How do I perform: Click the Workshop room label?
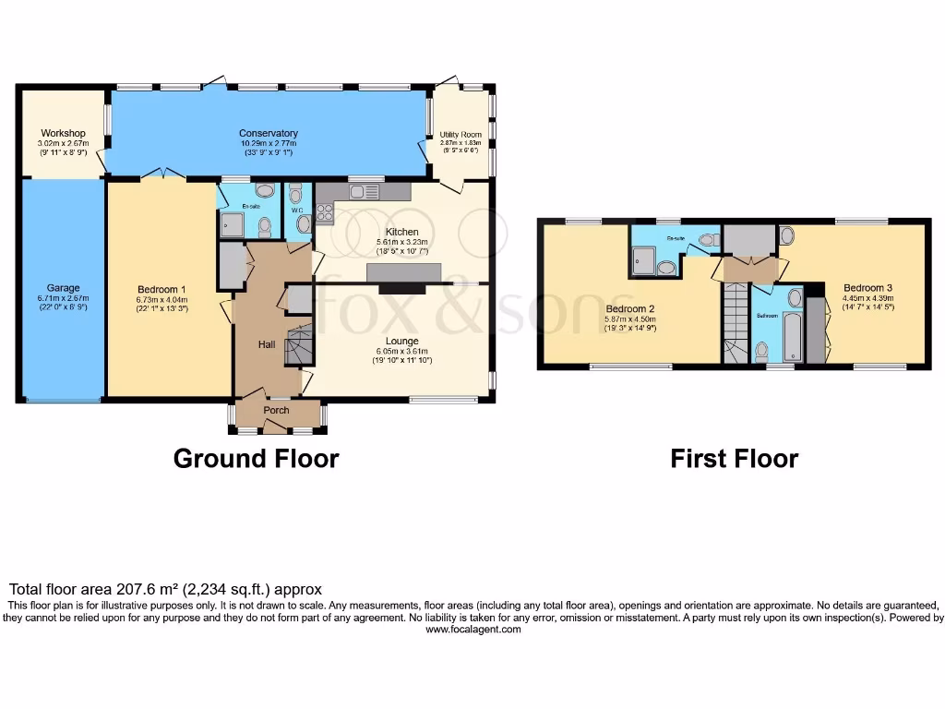pyautogui.click(x=63, y=134)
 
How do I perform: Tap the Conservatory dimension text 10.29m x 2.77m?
pyautogui.click(x=268, y=144)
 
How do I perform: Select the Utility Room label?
pyautogui.click(x=461, y=135)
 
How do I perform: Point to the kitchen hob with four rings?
pyautogui.click(x=325, y=213)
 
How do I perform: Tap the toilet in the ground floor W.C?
pyautogui.click(x=304, y=223)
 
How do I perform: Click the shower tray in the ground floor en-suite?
pyautogui.click(x=231, y=223)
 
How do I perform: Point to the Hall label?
pyautogui.click(x=267, y=343)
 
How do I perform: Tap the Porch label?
pyautogui.click(x=277, y=410)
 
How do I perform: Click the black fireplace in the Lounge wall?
pyautogui.click(x=404, y=288)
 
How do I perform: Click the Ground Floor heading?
pyautogui.click(x=256, y=458)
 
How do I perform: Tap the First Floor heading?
pyautogui.click(x=734, y=458)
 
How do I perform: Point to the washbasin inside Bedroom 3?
pyautogui.click(x=786, y=234)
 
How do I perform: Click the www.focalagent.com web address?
pyautogui.click(x=472, y=630)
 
